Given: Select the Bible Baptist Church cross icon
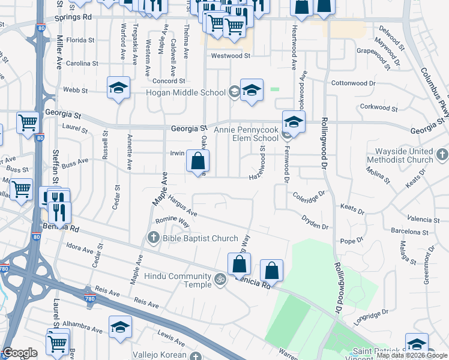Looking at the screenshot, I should click(153, 238).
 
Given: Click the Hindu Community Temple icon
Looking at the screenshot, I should click(220, 278).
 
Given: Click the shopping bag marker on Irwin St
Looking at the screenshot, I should click(197, 161).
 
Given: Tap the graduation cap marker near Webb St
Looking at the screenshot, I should click(118, 88).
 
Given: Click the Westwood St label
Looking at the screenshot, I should click(231, 56).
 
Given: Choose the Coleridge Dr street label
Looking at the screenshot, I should click(309, 194).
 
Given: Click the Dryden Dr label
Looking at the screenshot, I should click(315, 223).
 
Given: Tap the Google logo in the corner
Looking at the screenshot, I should click(20, 353).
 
